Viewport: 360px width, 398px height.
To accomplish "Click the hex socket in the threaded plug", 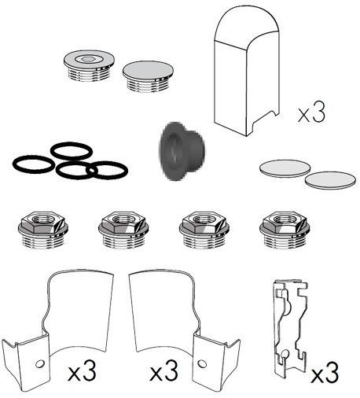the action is coord(88,59).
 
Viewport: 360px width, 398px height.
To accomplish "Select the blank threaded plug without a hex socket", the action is coord(148,76).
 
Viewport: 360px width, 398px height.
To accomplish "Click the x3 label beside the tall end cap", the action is coord(311,112).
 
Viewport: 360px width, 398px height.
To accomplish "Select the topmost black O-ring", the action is coord(72,151).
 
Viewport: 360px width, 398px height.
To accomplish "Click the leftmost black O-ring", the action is coord(34,164).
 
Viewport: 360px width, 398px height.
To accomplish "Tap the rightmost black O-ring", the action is coord(107,170).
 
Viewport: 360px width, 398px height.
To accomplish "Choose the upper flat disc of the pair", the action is coord(285,168).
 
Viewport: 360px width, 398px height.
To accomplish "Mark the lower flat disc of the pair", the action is coord(331,180).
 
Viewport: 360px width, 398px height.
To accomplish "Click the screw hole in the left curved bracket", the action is coord(40,363).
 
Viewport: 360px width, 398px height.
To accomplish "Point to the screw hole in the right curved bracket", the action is coord(202,364).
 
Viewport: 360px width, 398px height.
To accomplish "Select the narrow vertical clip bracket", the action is coord(290,329).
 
